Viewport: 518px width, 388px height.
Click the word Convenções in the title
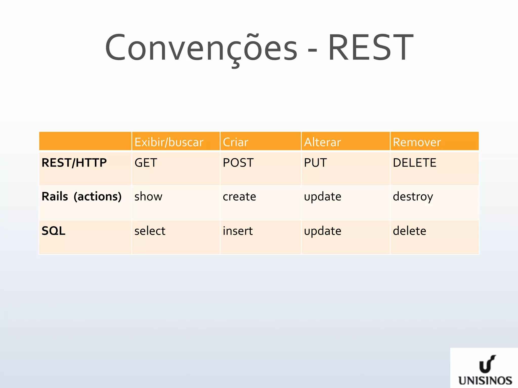point(201,48)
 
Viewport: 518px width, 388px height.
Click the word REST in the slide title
point(370,48)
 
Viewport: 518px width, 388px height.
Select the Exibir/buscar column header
point(169,142)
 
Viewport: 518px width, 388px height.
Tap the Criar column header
point(235,142)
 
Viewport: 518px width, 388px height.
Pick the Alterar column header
point(322,142)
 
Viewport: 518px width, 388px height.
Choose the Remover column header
point(417,142)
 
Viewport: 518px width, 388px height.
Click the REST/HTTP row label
point(74,163)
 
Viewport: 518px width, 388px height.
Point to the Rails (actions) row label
point(81,197)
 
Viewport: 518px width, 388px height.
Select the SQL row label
point(53,231)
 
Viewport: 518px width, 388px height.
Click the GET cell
point(146,163)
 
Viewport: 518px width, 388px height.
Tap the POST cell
point(238,163)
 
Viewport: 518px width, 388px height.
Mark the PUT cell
point(315,163)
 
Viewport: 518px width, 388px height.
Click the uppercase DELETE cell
point(414,163)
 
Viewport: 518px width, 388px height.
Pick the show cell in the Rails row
point(148,197)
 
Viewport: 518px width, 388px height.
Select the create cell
point(239,197)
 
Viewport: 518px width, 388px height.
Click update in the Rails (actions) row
point(322,197)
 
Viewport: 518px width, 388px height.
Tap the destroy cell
point(413,197)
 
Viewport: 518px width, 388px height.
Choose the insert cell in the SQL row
point(238,231)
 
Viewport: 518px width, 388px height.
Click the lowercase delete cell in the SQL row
point(409,231)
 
